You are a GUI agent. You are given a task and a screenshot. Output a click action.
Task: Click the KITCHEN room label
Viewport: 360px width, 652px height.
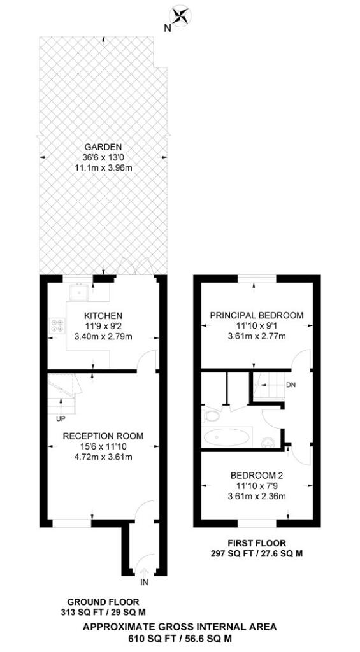103,316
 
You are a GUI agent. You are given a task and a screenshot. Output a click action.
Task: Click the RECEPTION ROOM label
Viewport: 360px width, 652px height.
103,436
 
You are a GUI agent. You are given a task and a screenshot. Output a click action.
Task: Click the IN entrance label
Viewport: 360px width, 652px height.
143,581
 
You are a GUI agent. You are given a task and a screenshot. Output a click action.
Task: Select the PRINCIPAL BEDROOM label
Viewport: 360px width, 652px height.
257,315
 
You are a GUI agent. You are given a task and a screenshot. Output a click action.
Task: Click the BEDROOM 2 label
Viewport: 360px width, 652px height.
257,475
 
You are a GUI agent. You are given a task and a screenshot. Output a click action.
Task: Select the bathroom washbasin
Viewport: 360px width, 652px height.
268,442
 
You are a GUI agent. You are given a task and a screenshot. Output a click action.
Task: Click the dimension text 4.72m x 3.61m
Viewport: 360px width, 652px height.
103,457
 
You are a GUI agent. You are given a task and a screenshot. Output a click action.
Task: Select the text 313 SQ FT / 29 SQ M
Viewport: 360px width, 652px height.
103,612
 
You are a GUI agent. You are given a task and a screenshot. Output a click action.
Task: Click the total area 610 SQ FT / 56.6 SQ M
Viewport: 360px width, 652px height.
180,638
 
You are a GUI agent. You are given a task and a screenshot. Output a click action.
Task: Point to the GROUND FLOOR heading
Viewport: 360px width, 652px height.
103,602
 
